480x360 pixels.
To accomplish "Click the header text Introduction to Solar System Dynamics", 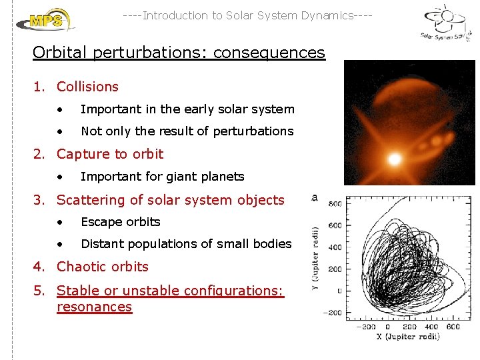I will click(x=247, y=15).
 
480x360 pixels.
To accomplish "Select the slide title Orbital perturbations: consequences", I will click(x=179, y=53).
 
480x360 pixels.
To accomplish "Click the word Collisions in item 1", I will click(x=87, y=87).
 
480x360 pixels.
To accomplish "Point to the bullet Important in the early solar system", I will click(x=187, y=109).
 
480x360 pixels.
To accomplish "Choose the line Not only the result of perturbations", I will click(x=187, y=131).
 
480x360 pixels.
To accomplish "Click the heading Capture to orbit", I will click(x=110, y=154).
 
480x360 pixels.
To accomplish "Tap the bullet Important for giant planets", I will click(x=162, y=177).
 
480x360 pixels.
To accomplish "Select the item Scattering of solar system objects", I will click(x=170, y=200).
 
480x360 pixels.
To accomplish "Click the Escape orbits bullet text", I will click(x=120, y=222).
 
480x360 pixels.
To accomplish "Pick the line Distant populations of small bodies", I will click(x=186, y=244).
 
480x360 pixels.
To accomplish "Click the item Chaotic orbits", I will click(x=102, y=267).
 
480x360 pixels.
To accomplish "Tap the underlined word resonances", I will click(x=94, y=307).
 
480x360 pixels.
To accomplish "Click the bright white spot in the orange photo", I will click(x=395, y=159).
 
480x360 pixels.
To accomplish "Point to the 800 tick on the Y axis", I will click(x=335, y=204).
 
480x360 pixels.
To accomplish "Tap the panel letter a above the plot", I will click(x=314, y=197).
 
